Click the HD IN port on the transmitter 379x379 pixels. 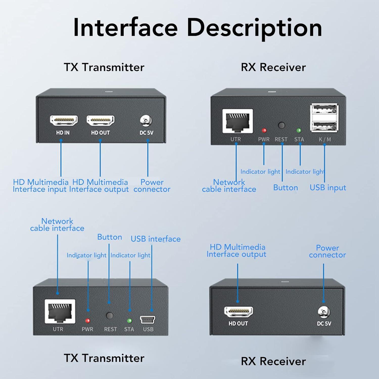(x=64, y=121)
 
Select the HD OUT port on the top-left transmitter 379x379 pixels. (x=101, y=121)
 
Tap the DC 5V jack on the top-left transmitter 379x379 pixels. (x=146, y=121)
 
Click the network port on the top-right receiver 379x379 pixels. (x=238, y=121)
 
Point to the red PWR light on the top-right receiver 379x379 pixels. (x=264, y=130)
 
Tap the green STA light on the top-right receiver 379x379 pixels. (x=299, y=130)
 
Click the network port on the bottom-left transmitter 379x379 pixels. (x=60, y=311)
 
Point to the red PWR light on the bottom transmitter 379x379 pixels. (x=88, y=321)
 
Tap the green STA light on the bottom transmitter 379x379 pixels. (x=129, y=321)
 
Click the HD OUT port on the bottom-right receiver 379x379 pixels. (x=239, y=312)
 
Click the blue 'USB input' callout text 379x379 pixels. (x=328, y=188)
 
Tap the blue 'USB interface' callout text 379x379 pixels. (x=155, y=239)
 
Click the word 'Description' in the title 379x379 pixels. (x=254, y=28)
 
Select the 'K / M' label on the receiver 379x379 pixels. (x=325, y=139)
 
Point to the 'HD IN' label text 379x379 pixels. (x=63, y=133)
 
